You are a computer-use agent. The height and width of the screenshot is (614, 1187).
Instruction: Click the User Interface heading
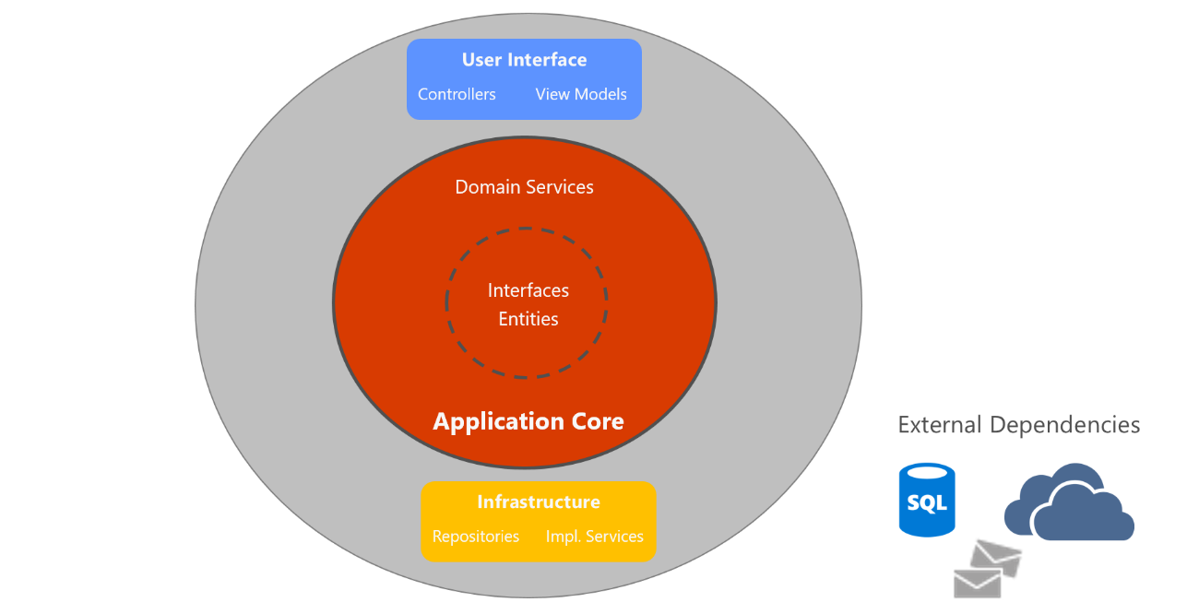pos(524,60)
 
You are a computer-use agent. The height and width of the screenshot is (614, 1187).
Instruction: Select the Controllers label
pos(457,94)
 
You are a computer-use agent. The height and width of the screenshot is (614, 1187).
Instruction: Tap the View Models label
pos(581,94)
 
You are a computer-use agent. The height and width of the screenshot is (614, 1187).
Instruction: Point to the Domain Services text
pos(524,187)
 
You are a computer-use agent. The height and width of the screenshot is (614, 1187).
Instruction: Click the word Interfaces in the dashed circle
pos(528,290)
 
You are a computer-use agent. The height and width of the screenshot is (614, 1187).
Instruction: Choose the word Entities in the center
pos(528,319)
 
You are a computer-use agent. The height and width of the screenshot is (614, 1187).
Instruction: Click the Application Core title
pos(528,421)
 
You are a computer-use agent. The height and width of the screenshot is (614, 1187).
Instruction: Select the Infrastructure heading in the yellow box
pos(539,502)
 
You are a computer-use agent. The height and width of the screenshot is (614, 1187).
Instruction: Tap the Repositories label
pos(476,537)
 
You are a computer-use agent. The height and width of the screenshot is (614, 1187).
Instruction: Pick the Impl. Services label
pos(595,537)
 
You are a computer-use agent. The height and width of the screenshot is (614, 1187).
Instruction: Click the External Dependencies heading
pos(1019,425)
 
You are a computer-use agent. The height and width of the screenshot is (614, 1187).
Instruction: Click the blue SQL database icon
pos(927,500)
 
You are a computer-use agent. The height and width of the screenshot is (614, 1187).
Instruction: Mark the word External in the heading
pos(941,425)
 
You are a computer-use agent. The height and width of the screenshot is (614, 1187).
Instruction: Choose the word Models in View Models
pos(600,94)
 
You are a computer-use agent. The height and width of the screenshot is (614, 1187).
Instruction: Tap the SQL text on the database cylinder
pos(927,503)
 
